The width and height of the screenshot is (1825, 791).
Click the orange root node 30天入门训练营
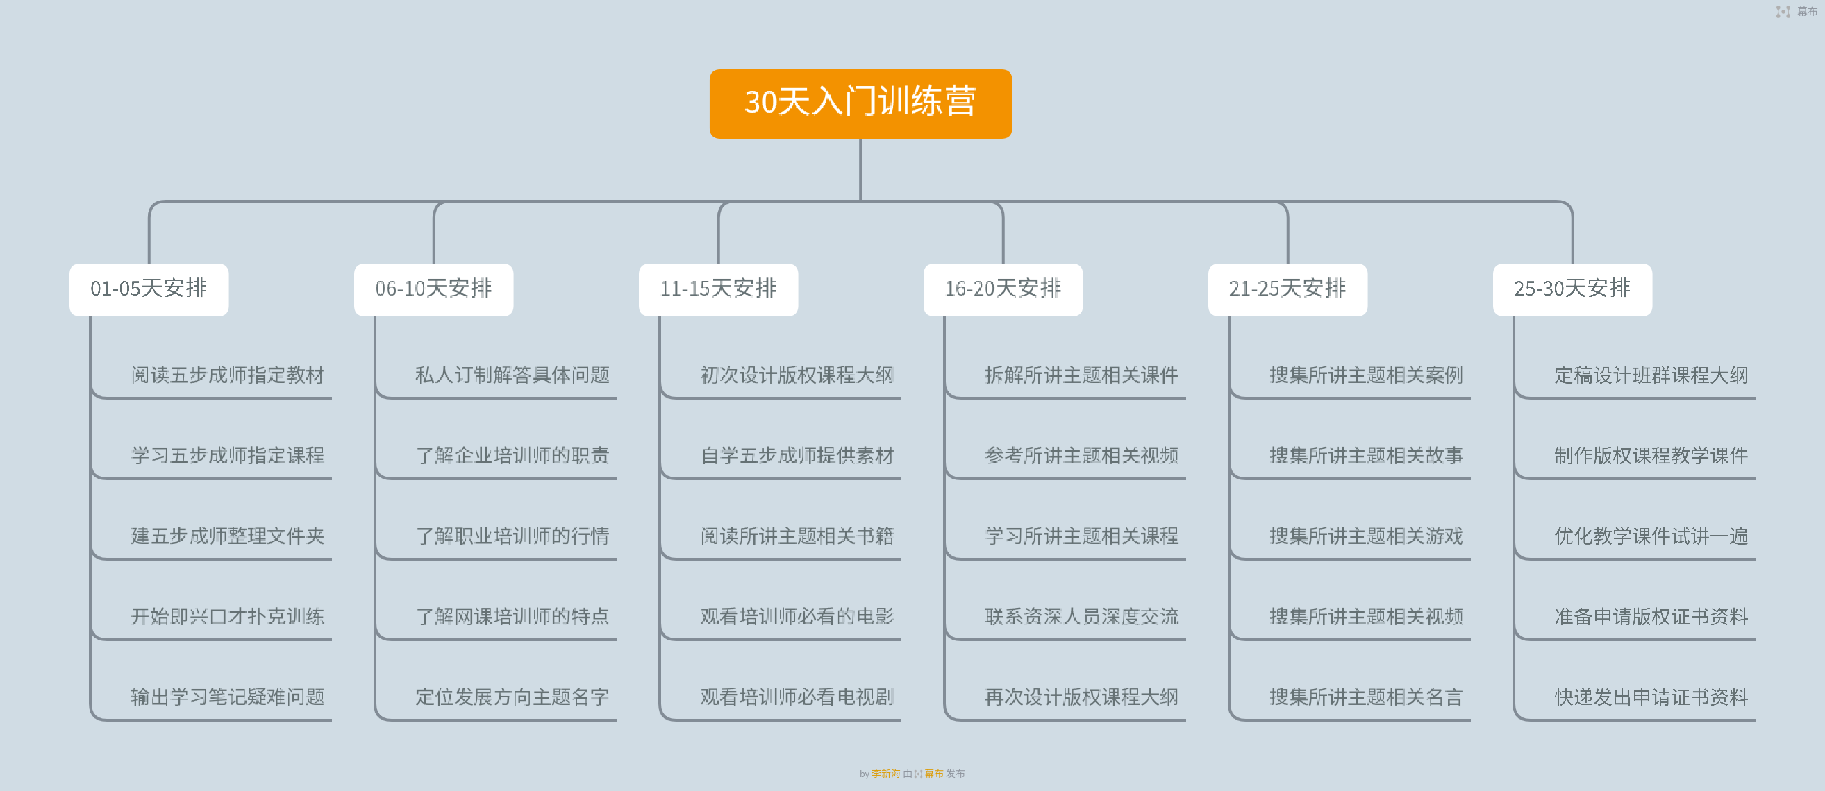point(860,103)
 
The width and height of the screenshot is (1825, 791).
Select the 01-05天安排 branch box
point(149,289)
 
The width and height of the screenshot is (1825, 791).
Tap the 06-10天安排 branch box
point(433,289)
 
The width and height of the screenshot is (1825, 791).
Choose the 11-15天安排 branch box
point(718,289)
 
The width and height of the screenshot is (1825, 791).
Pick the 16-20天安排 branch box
point(1003,289)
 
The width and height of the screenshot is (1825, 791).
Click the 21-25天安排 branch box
point(1288,289)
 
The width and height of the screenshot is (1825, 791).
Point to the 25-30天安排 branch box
point(1573,289)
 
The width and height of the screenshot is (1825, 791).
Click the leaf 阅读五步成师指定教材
point(228,375)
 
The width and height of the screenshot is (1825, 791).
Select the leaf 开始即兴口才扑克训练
point(228,617)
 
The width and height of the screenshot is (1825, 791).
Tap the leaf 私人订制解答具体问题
point(513,375)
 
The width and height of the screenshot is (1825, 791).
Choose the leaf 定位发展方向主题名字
point(513,697)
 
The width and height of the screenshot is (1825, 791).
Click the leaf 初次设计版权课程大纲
point(798,375)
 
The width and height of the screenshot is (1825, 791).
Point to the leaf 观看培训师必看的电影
point(798,617)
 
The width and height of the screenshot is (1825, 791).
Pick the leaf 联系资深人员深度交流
point(1083,617)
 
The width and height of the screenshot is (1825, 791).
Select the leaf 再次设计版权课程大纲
point(1083,697)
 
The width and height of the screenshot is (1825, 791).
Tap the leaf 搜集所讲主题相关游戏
point(1367,536)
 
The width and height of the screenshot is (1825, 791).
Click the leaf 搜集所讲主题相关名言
point(1367,697)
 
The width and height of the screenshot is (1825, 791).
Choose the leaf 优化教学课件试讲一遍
point(1652,536)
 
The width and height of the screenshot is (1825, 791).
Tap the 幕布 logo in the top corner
point(1797,11)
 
